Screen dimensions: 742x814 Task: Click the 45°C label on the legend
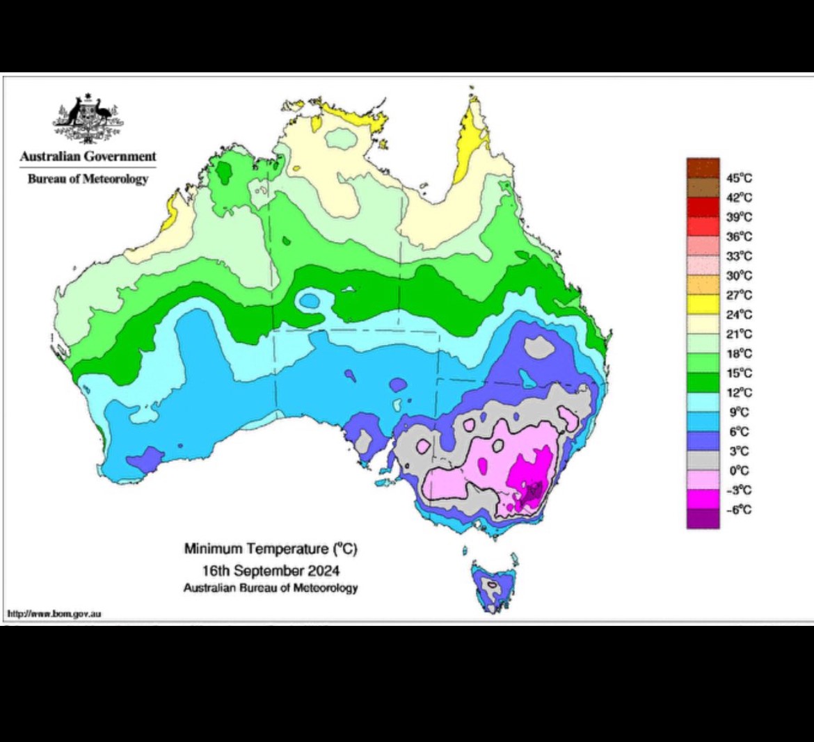(x=740, y=177)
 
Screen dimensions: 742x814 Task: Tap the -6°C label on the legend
(x=740, y=510)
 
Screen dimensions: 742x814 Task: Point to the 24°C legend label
(x=740, y=314)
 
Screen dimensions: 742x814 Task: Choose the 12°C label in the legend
(x=740, y=392)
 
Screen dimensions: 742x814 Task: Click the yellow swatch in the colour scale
(x=703, y=305)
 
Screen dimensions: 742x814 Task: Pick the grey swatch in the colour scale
(x=703, y=460)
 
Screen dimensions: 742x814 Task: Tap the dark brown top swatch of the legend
(x=703, y=168)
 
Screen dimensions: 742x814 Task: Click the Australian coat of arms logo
(x=88, y=117)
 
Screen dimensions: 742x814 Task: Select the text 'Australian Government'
(x=88, y=156)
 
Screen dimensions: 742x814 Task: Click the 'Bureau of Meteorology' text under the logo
(x=88, y=179)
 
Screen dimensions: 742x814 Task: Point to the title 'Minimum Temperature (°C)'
(x=271, y=549)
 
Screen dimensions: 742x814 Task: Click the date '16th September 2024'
(x=271, y=571)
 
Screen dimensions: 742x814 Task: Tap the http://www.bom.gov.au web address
(x=55, y=614)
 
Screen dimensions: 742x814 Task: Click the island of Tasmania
(x=493, y=588)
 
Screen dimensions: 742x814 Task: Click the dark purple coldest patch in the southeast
(x=533, y=492)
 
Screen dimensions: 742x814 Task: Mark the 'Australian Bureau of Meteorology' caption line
(x=271, y=588)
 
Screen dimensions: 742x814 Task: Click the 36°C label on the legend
(x=740, y=236)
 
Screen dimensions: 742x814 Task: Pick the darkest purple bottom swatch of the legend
(x=703, y=519)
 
